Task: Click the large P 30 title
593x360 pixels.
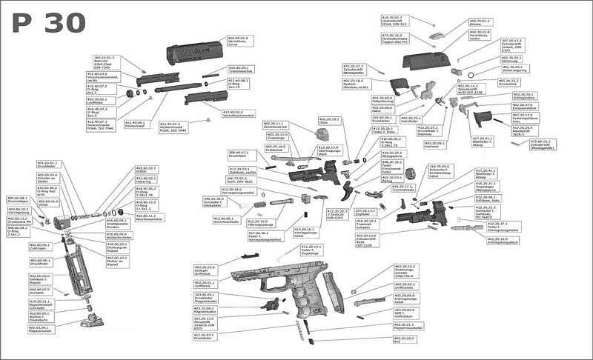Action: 49,24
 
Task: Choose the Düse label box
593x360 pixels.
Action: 330,120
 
